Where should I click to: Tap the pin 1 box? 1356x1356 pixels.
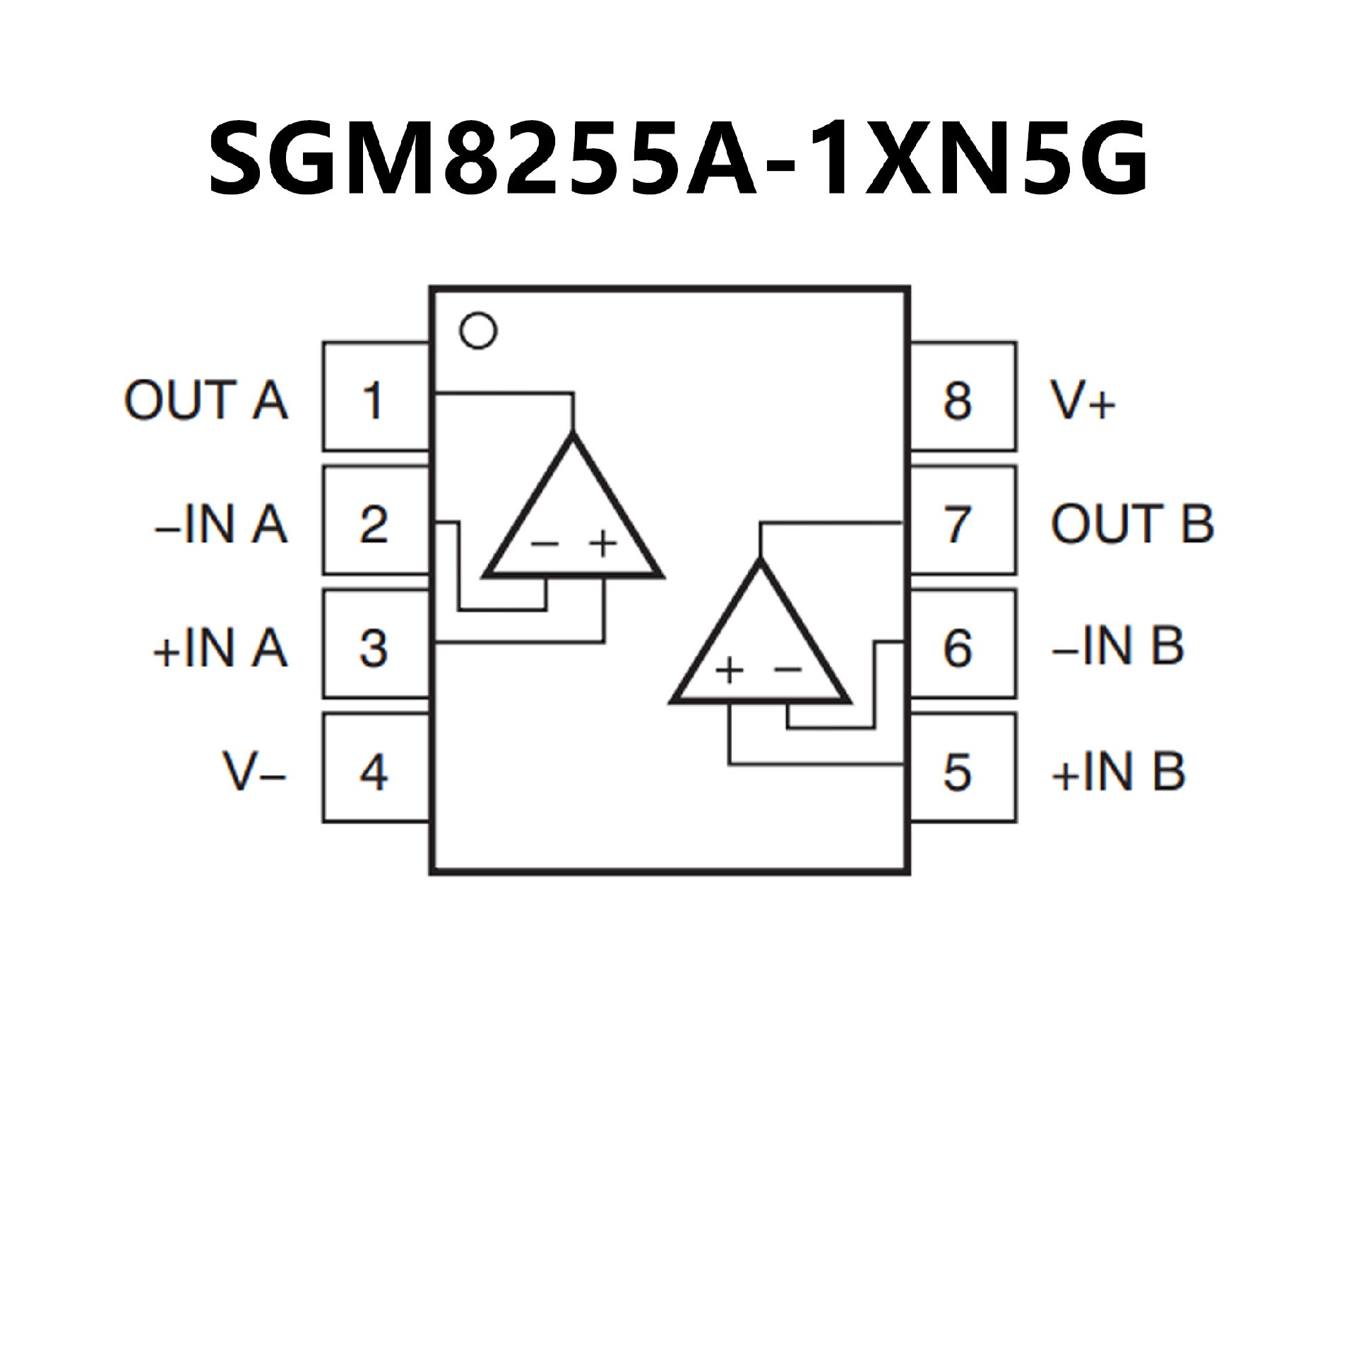coord(375,398)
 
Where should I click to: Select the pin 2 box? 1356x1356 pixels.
coord(375,521)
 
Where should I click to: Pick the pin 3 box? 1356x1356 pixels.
coord(375,645)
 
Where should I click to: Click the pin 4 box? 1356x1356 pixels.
coord(375,768)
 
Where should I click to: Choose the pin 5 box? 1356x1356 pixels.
coord(962,768)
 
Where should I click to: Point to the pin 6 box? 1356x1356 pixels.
coord(962,645)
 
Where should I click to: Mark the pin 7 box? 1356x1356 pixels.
coord(962,521)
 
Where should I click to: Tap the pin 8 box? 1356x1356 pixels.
coord(962,398)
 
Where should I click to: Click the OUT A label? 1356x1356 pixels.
coord(206,400)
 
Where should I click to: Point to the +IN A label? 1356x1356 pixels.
coord(220,647)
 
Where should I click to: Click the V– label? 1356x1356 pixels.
coord(255,771)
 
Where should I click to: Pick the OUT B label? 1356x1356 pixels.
coord(1131,524)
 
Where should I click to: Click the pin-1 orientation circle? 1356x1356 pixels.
coord(477,330)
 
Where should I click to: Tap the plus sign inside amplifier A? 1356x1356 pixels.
coord(603,542)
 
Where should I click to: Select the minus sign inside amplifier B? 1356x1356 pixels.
coord(788,668)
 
